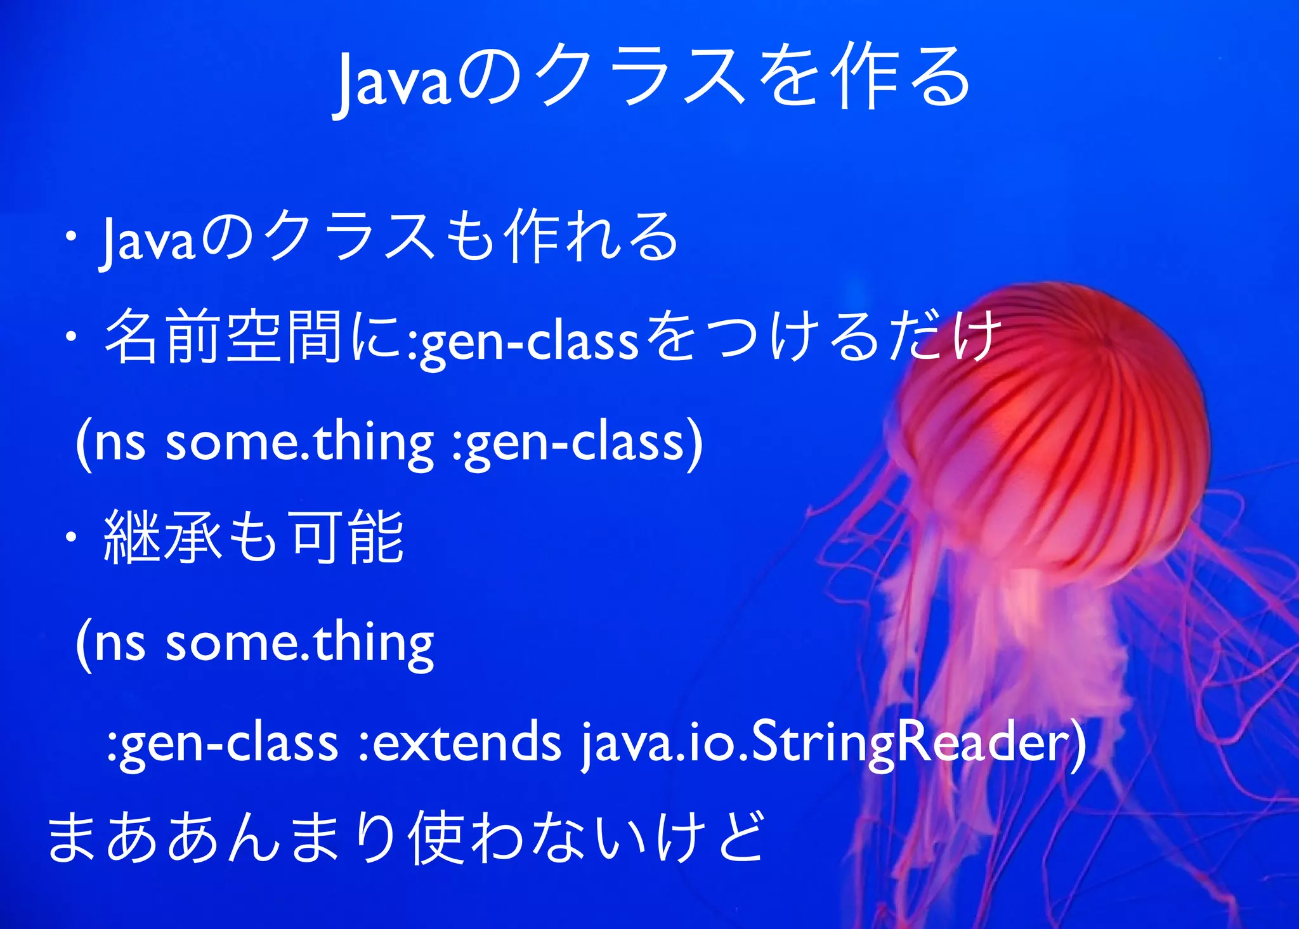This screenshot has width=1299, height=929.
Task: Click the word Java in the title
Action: [393, 81]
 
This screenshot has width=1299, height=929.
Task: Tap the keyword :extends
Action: [460, 742]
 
